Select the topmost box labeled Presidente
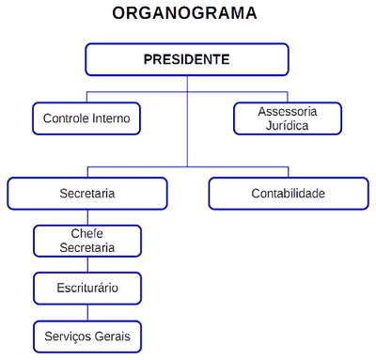pyautogui.click(x=187, y=59)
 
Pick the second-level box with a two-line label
pyautogui.click(x=288, y=117)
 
